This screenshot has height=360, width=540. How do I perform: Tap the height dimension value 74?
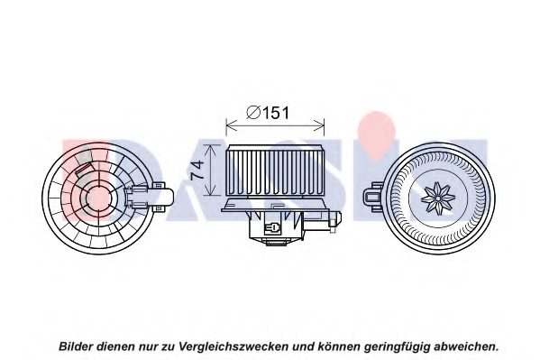197,170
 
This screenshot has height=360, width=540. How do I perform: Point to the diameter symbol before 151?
253,113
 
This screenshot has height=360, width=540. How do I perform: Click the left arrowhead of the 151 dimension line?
231,125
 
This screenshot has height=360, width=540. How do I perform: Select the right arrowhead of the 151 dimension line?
319,125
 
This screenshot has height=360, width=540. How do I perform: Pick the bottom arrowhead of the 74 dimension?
210,191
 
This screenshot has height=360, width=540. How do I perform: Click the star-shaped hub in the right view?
438,198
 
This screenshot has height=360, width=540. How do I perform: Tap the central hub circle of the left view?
97,198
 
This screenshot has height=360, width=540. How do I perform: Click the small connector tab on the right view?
373,198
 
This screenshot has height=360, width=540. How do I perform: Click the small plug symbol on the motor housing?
272,228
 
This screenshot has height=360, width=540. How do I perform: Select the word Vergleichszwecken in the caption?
233,346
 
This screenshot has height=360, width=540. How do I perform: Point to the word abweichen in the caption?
464,346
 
